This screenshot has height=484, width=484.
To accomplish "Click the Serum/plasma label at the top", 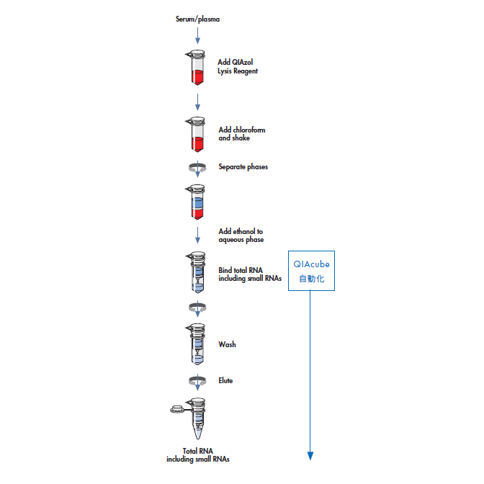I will (197, 18).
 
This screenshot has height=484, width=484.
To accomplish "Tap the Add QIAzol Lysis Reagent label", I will (238, 66).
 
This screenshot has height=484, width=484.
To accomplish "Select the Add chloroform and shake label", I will (242, 134).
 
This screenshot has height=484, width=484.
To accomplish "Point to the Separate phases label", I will (243, 167).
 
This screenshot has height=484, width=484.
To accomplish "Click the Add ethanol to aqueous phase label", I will (241, 236).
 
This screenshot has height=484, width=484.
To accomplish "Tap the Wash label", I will (227, 344).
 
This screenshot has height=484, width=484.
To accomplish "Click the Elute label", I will (226, 380).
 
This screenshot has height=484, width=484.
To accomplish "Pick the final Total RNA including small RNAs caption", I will (198, 455).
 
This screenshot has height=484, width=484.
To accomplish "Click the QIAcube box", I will (312, 271).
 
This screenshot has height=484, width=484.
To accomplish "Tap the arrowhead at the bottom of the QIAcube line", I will (311, 455).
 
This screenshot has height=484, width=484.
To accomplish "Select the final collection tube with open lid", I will (194, 418).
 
